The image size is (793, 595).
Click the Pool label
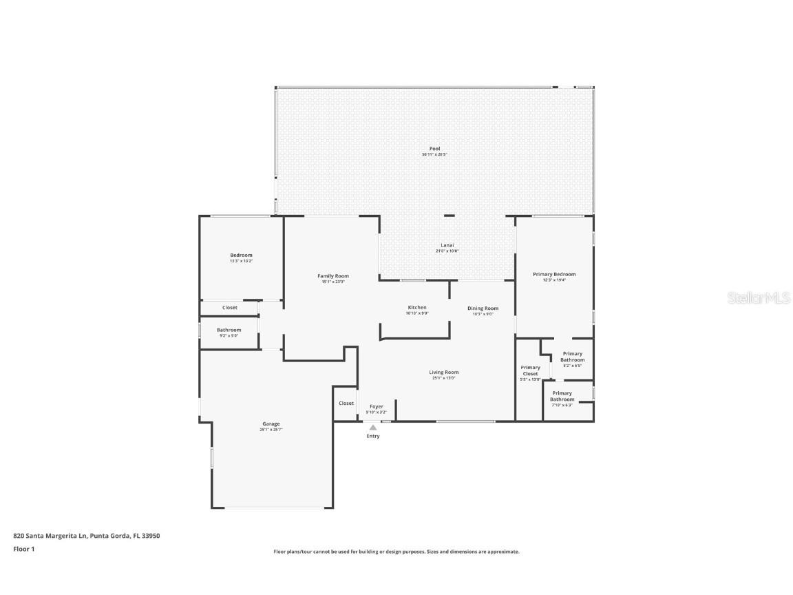[434, 149]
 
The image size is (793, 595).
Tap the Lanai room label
[447, 245]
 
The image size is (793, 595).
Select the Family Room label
[332, 276]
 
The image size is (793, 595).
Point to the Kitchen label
[417, 307]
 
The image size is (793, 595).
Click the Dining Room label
[483, 309]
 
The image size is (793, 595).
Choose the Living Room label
[443, 373]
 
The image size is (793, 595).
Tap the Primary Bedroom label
[554, 274]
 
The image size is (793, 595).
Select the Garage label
[271, 424]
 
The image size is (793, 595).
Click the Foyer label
[376, 406]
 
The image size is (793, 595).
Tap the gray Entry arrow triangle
[373, 428]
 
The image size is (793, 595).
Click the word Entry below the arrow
[373, 436]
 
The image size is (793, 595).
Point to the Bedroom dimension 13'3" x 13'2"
[241, 261]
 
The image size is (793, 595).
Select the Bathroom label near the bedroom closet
[229, 330]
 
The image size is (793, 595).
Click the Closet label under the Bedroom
[229, 308]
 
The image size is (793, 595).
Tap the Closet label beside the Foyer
[346, 404]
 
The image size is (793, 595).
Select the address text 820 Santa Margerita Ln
[51, 535]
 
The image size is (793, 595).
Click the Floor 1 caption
[23, 549]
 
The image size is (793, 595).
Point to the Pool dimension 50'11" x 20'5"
[434, 155]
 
